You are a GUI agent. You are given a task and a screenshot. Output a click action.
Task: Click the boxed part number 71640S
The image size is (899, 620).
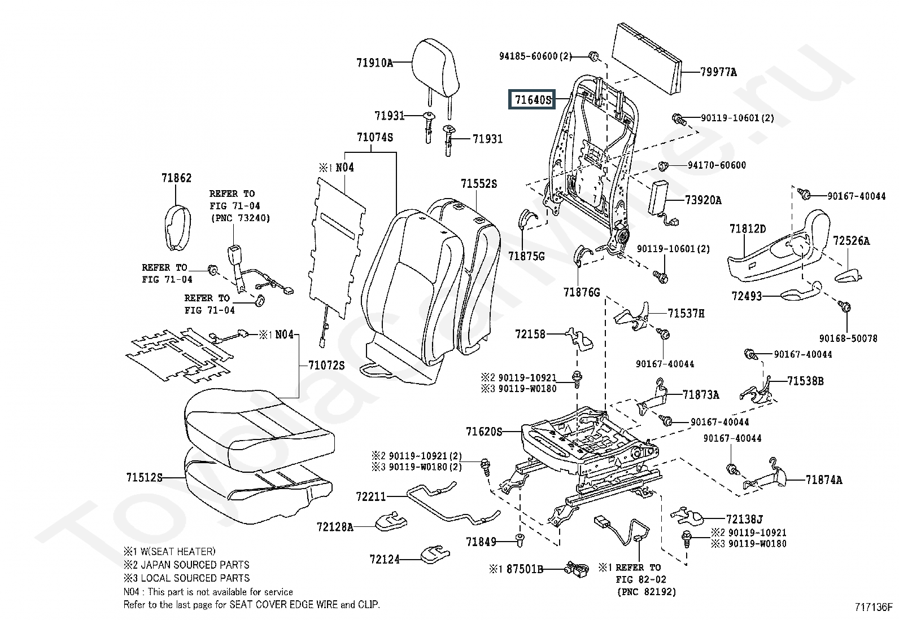[532, 100]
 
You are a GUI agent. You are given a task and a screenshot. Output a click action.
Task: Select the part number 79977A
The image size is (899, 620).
[718, 72]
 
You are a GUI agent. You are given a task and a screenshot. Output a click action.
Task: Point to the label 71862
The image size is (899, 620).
[176, 178]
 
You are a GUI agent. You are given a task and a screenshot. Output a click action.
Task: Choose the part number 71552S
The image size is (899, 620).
[478, 184]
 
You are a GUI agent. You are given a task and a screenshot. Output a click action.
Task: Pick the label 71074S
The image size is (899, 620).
[374, 138]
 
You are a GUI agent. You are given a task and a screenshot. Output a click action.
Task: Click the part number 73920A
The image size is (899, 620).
[703, 200]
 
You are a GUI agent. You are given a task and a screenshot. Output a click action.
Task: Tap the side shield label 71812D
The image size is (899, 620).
[747, 229]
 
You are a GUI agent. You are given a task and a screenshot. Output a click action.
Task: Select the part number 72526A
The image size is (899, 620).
[851, 241]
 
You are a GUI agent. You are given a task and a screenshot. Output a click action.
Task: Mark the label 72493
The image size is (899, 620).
[747, 296]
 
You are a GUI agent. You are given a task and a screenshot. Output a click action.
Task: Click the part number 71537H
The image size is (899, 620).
[686, 314]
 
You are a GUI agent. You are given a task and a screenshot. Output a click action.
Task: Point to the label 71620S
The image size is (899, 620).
[483, 432]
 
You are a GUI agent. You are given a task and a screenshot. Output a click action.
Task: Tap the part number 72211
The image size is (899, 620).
[371, 496]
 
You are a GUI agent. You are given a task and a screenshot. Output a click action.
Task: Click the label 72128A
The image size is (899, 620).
[334, 527]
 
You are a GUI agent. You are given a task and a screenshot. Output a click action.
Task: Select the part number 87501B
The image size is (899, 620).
[525, 569]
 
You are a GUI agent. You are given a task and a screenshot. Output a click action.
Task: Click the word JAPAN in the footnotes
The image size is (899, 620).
[154, 565]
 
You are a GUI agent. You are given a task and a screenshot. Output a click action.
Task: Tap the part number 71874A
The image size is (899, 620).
[823, 480]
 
